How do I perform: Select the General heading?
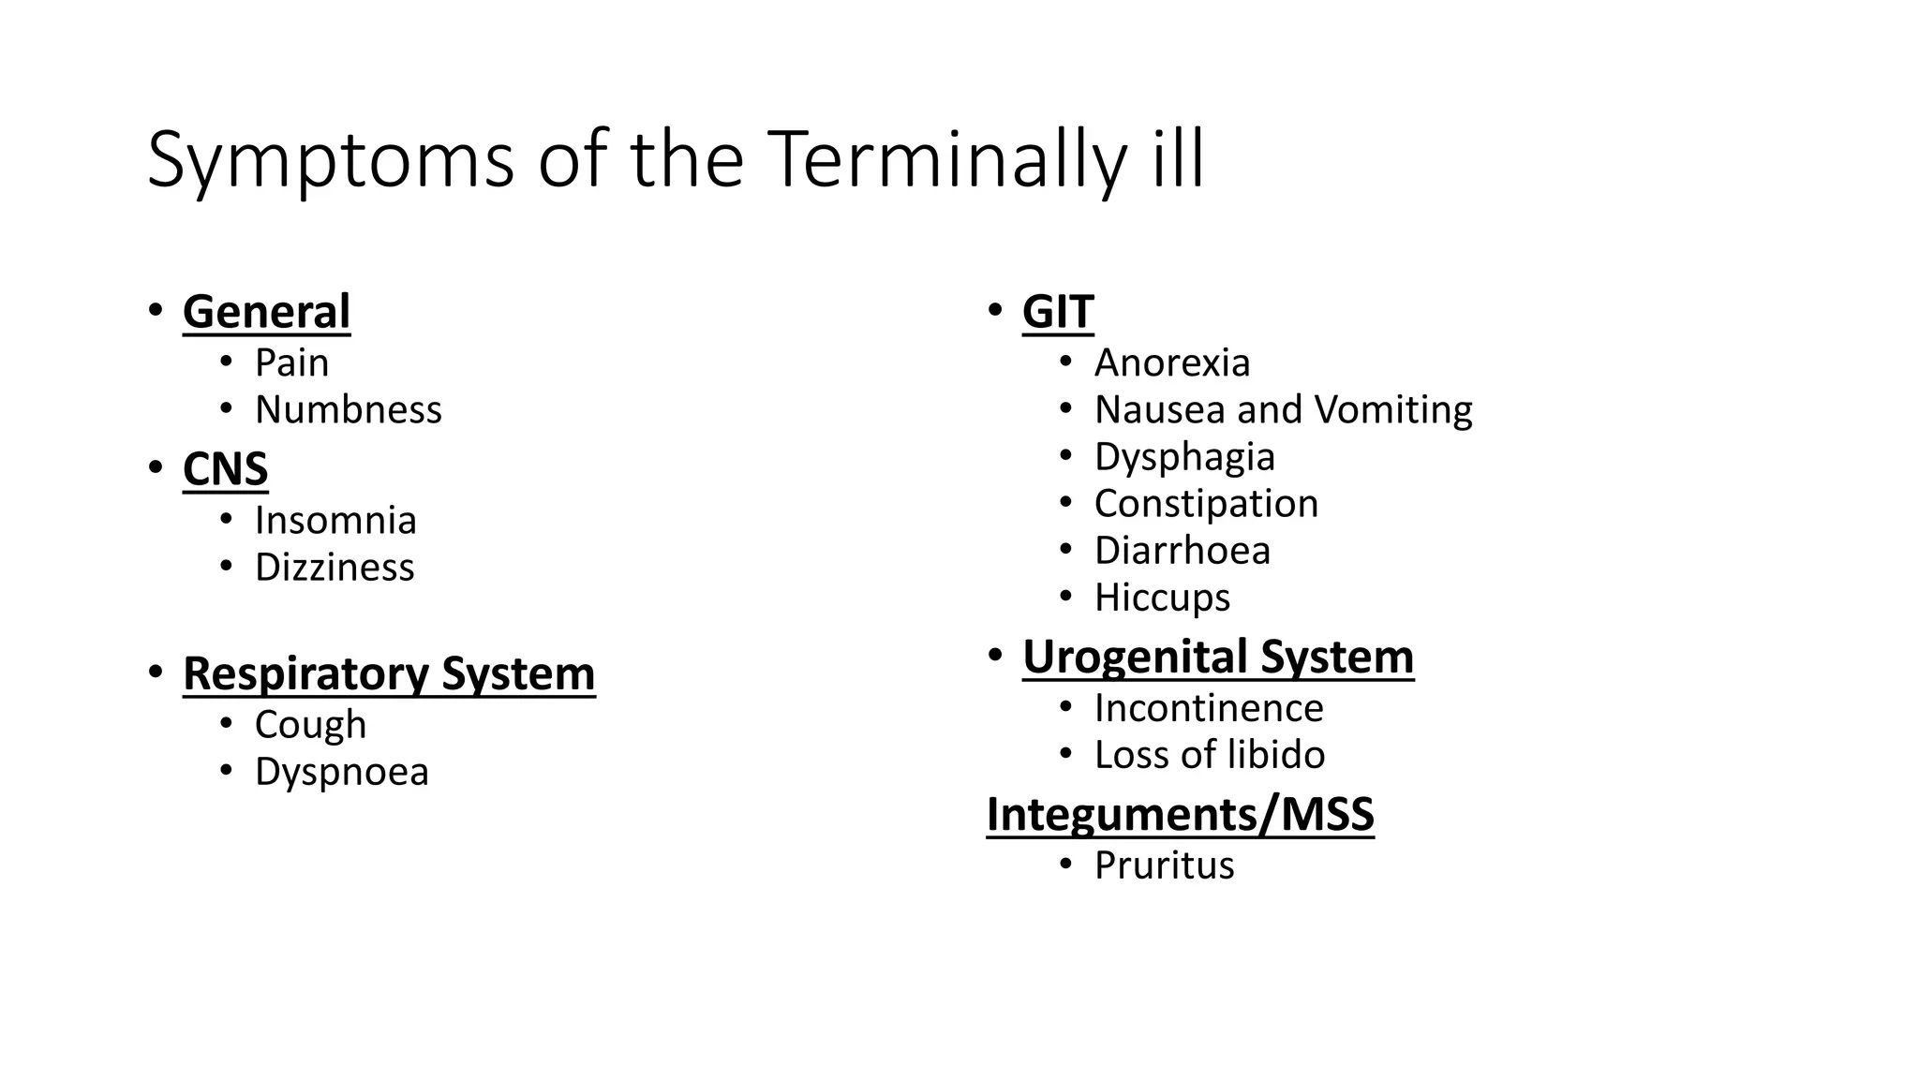(266, 312)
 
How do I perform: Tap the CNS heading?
(225, 469)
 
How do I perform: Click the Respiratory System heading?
(389, 673)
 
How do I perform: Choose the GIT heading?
(1058, 312)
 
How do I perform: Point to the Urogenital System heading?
(1218, 657)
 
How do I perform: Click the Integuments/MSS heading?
(1180, 814)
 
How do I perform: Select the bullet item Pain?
(291, 363)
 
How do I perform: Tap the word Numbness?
(348, 410)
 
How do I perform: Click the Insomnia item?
(335, 521)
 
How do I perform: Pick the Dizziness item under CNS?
(335, 568)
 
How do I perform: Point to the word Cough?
(310, 725)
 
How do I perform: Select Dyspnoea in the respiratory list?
(341, 772)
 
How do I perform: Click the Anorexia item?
(1171, 363)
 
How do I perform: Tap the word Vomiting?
(1393, 410)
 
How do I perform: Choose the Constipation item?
(1206, 504)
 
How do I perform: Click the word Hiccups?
(1162, 598)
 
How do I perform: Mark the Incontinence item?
(1209, 708)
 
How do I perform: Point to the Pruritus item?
(1164, 865)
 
